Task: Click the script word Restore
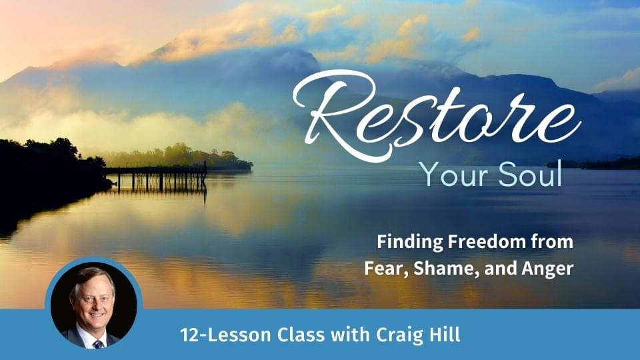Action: point(437,116)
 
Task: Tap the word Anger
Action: point(547,269)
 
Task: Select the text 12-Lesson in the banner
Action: point(225,335)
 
